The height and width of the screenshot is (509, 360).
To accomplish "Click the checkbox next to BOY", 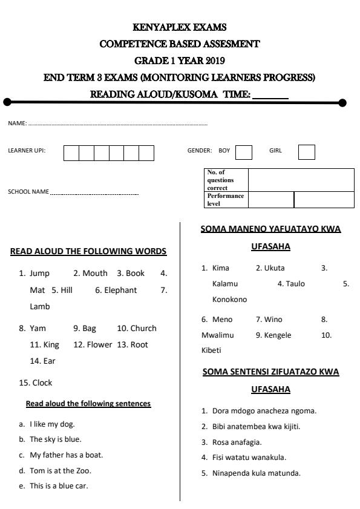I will click(x=244, y=152).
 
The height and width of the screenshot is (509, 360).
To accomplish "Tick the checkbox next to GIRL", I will click(x=307, y=152).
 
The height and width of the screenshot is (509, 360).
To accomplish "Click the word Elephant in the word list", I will click(x=121, y=290).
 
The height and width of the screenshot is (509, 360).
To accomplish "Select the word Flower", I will click(x=99, y=345).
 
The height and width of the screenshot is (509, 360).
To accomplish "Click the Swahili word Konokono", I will click(x=230, y=300).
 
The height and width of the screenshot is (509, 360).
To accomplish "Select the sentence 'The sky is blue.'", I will click(x=55, y=439).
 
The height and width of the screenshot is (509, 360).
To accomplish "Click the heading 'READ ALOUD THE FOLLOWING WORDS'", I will click(x=88, y=251).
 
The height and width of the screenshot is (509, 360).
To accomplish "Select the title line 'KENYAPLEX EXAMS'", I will click(x=180, y=28).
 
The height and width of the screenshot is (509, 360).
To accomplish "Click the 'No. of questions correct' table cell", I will click(x=226, y=180).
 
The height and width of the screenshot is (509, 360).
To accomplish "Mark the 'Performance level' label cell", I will click(x=226, y=200).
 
